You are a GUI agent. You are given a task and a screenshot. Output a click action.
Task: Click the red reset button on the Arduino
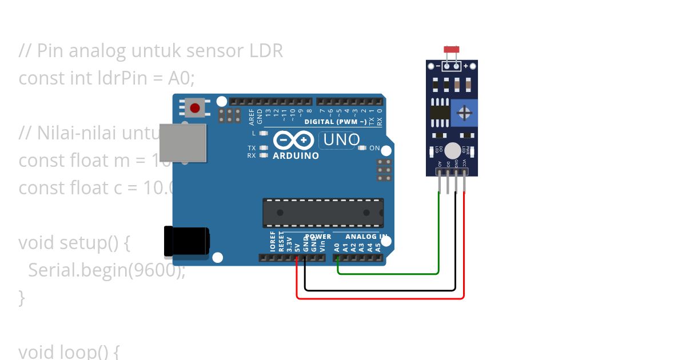[195, 107]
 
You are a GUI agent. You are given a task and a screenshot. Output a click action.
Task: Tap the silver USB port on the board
[182, 142]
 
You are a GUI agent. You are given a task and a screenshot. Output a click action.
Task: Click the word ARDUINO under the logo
[296, 155]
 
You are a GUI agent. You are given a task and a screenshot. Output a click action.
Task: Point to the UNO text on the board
[342, 139]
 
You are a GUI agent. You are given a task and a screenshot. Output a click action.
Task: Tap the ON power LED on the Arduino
[362, 148]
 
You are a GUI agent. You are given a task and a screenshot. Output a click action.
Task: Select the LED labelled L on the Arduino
[264, 133]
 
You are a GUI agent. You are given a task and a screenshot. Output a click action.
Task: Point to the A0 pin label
[337, 247]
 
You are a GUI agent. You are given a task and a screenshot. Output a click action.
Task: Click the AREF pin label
[252, 117]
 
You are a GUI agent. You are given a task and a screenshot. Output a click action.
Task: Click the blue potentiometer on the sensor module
[465, 112]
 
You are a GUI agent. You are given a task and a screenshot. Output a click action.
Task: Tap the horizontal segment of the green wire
[389, 274]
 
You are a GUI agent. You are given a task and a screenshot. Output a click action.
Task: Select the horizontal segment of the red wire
[380, 298]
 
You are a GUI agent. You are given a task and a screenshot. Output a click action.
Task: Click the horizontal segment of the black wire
[380, 290]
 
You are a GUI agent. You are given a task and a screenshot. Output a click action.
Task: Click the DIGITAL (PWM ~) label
[336, 122]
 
